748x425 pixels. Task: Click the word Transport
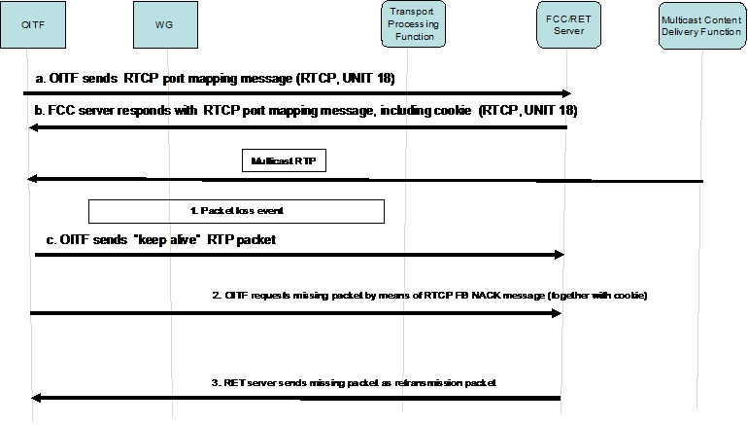[x=409, y=10]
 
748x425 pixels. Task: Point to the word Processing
[x=409, y=23]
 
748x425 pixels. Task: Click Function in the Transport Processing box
[x=409, y=37]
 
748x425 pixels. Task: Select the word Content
[x=723, y=18]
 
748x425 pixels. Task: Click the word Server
[x=565, y=30]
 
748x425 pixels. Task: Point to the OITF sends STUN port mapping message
[x=214, y=77]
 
